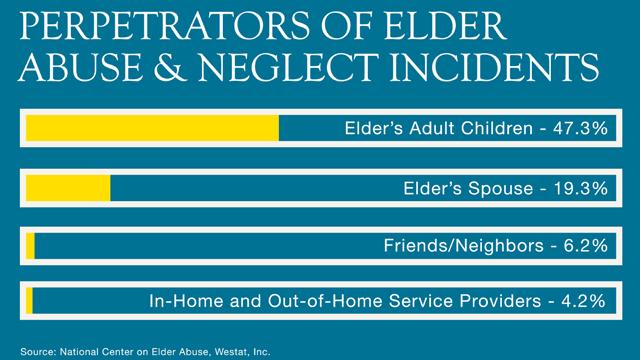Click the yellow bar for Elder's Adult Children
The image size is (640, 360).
pos(152,129)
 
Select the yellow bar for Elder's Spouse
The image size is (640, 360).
pos(68,187)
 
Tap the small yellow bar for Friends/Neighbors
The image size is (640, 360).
pos(30,245)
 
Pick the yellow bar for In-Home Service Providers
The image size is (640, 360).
pos(29,299)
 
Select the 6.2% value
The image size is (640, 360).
pos(586,245)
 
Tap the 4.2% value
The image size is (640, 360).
pos(586,299)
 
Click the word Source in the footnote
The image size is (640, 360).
pos(35,351)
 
